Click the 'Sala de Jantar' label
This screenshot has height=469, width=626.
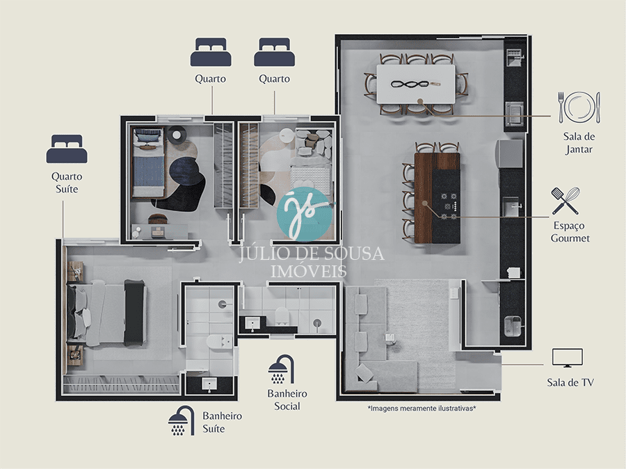point(579,142)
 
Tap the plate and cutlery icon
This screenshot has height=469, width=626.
point(579,107)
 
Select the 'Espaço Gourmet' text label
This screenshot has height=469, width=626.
point(570,231)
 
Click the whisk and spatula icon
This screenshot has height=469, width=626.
point(565,201)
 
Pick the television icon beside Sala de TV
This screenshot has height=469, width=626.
point(568,358)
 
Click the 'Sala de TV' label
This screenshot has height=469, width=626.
point(570,382)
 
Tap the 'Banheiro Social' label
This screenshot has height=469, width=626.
point(287,400)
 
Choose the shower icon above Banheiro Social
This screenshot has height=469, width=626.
point(282,369)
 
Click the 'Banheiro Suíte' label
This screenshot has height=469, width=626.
point(222,422)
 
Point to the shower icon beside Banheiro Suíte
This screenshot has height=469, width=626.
point(182,421)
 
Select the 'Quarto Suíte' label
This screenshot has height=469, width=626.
point(67,182)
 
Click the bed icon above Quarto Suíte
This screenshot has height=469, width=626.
point(67,149)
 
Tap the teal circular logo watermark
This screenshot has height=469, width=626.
point(305,214)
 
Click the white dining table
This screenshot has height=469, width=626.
point(416,84)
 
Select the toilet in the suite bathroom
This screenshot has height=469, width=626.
point(218,343)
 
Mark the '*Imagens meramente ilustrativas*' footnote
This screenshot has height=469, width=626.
point(422,409)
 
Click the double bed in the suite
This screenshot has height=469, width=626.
point(106,312)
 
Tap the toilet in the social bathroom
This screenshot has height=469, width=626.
point(282,315)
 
